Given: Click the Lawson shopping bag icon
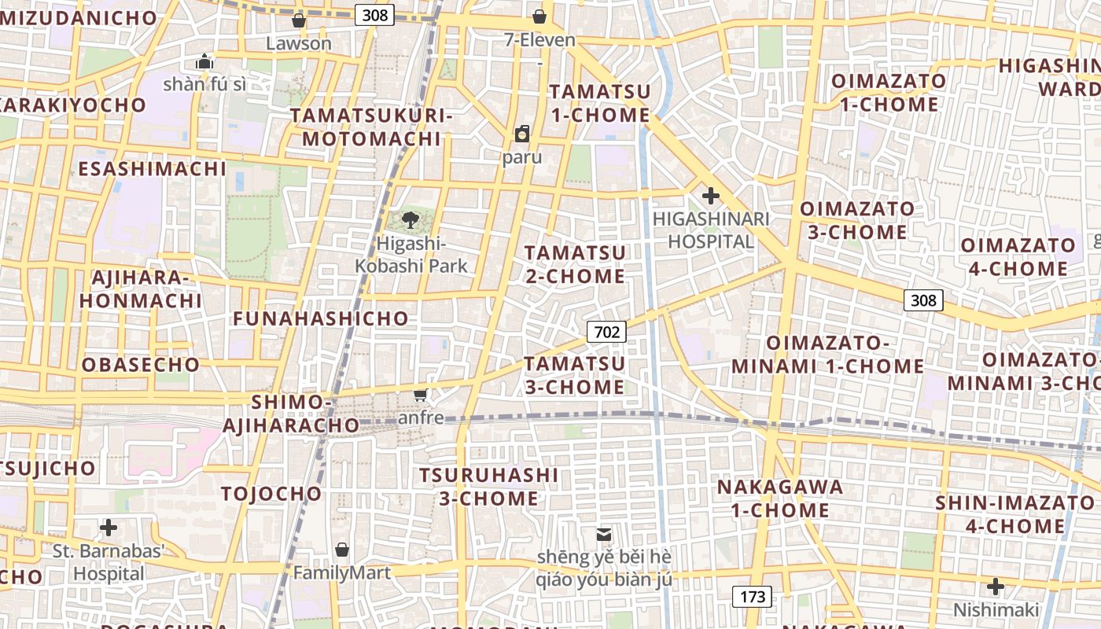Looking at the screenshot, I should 299,20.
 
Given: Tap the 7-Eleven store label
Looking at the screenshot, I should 539,39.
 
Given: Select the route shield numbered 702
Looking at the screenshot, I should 606,332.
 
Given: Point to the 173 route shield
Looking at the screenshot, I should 752,597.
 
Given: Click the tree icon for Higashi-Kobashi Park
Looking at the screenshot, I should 410,220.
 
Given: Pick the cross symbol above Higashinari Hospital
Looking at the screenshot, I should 711,195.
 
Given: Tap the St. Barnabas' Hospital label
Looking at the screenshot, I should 109,562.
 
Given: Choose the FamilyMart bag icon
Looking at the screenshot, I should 341,550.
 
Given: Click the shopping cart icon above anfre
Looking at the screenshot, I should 421,395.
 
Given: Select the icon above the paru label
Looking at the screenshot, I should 522,134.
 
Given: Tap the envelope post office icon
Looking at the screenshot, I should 604,535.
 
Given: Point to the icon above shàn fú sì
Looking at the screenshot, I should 204,61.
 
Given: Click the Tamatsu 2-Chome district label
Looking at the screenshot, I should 575,265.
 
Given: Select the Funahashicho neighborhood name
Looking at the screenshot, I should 321,318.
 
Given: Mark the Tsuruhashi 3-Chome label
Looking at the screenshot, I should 489,487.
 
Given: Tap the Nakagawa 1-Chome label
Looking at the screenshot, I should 780,498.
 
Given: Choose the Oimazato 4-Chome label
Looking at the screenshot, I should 1017,257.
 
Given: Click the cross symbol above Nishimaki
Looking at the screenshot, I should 996,587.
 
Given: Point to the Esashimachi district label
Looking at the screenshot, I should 152,169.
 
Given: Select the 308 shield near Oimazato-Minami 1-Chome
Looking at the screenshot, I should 923,300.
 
